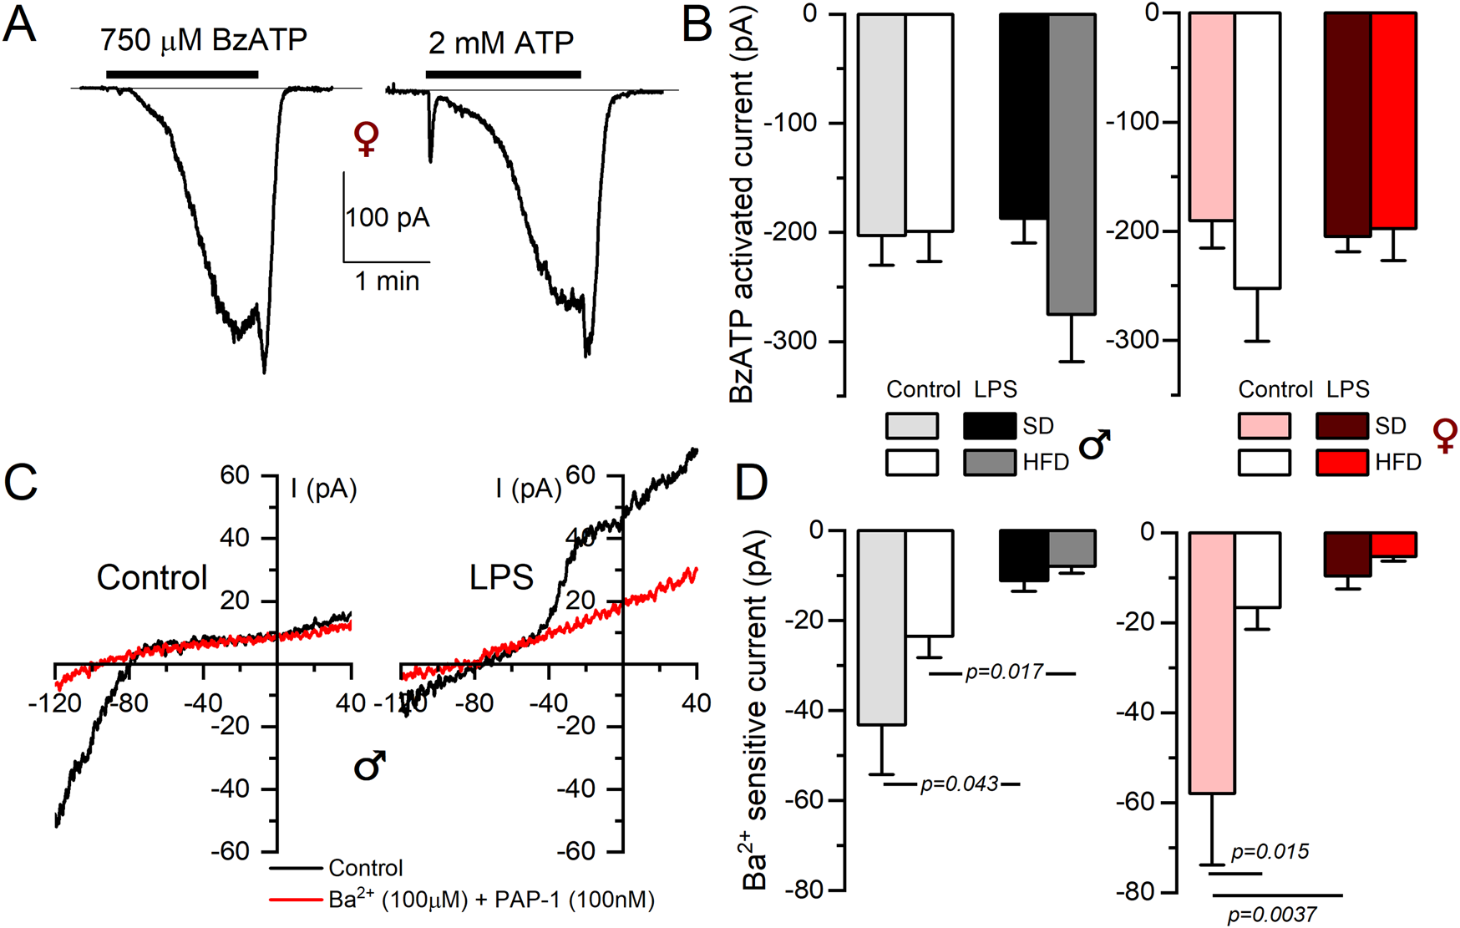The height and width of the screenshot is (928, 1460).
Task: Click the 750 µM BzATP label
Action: (x=203, y=39)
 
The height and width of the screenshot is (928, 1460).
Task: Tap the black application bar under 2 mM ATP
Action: (x=503, y=74)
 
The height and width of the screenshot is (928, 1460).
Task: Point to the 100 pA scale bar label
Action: (x=388, y=218)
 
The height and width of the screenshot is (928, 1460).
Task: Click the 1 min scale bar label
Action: (x=387, y=281)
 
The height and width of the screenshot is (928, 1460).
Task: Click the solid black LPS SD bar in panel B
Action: (x=1024, y=117)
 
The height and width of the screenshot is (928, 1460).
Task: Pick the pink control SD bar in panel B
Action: (x=1211, y=117)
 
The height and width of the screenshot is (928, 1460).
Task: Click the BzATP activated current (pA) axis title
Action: (x=742, y=205)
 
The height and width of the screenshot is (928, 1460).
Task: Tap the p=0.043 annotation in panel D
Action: (x=959, y=783)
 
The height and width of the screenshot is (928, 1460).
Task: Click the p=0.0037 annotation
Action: (x=1272, y=915)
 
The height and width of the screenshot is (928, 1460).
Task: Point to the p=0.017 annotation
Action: (x=1004, y=672)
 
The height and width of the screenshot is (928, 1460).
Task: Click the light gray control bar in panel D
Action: (x=881, y=626)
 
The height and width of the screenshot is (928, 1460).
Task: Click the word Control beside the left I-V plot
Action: (x=152, y=577)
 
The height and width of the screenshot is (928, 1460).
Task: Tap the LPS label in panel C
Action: (x=501, y=577)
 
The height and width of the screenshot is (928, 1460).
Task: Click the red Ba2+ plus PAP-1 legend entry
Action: (x=491, y=900)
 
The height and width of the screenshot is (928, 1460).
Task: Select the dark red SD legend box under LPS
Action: (x=1341, y=426)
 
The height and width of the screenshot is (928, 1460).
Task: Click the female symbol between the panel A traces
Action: (x=366, y=139)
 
